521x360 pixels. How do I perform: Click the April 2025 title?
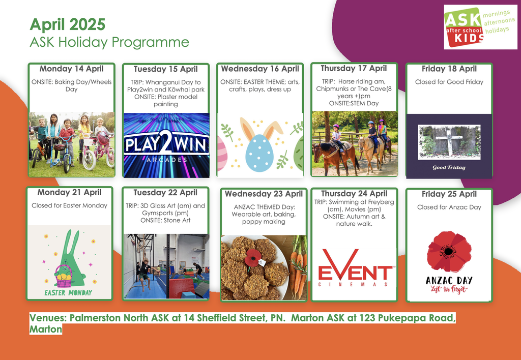point(68,24)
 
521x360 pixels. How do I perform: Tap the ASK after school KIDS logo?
point(480,27)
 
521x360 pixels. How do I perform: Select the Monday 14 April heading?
point(71,69)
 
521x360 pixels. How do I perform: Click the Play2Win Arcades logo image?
point(166,145)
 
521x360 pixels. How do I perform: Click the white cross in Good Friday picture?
point(449,142)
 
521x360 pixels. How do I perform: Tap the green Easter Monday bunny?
point(70,259)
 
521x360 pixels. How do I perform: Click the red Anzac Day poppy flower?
point(449,251)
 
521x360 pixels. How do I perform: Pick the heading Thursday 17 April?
point(354,69)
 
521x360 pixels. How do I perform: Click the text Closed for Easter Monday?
point(69,205)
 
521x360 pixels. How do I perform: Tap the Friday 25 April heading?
point(449,194)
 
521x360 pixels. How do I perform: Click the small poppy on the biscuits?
point(253,257)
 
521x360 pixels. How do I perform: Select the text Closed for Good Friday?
point(449,82)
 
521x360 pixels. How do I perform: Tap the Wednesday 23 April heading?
point(264,194)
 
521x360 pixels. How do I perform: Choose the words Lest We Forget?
point(449,289)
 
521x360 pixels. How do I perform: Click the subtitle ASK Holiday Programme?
point(109,42)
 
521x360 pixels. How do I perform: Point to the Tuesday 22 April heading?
point(165,193)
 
